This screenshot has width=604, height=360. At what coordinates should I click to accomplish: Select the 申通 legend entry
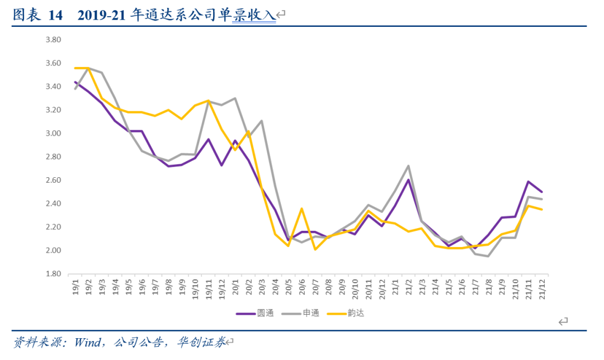tap(310, 313)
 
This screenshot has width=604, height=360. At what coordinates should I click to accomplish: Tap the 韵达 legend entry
tap(356, 313)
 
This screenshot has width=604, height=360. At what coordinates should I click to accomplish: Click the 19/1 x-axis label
tap(75, 286)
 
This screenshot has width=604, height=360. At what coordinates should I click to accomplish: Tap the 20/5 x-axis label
tap(288, 286)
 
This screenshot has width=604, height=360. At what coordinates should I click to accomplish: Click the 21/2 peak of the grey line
tap(408, 166)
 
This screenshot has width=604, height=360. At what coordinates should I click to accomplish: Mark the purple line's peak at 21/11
tap(528, 181)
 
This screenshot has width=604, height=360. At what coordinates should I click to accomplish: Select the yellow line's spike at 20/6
tap(302, 209)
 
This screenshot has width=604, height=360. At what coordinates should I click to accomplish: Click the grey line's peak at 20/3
tap(262, 121)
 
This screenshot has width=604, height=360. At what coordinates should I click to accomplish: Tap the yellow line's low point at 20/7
tap(315, 249)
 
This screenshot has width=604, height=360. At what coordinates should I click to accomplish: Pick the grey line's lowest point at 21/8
tap(488, 256)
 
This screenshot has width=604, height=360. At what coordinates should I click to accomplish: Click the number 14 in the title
tap(55, 16)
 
